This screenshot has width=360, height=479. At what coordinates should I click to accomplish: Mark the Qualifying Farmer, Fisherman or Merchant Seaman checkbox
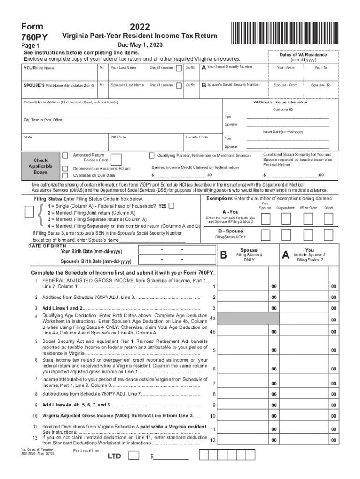pyautogui.click(x=151, y=155)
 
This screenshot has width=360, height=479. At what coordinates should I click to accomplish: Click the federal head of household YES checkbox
pyautogui.click(x=172, y=206)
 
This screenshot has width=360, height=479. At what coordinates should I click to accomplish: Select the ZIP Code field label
pyautogui.click(x=118, y=137)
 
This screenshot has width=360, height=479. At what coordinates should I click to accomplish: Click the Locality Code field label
pyautogui.click(x=196, y=137)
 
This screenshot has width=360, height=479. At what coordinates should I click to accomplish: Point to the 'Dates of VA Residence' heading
pyautogui.click(x=303, y=55)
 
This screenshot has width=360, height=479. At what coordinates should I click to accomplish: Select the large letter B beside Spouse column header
pyautogui.click(x=223, y=255)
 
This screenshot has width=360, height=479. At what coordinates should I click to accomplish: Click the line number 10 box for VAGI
pyautogui.click(x=213, y=416)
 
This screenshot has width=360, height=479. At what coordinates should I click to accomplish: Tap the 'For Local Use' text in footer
pyautogui.click(x=86, y=450)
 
